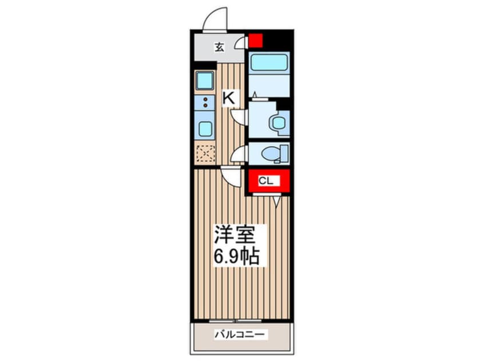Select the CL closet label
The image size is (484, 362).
pos(266,181)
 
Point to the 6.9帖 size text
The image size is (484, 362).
pos(237,256)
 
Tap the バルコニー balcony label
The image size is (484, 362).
pos(240,334)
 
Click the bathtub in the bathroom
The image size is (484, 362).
pos(269,62)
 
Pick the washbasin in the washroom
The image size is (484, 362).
pos(279,123)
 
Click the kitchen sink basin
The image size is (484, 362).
pos(205,81)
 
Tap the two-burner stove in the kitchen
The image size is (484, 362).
pos(205,103)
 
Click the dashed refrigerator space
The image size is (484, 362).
pos(205,154)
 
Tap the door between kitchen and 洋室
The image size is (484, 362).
pos(232,177)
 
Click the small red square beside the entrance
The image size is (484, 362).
pos(256,41)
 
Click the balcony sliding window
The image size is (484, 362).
pos(236,321)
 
